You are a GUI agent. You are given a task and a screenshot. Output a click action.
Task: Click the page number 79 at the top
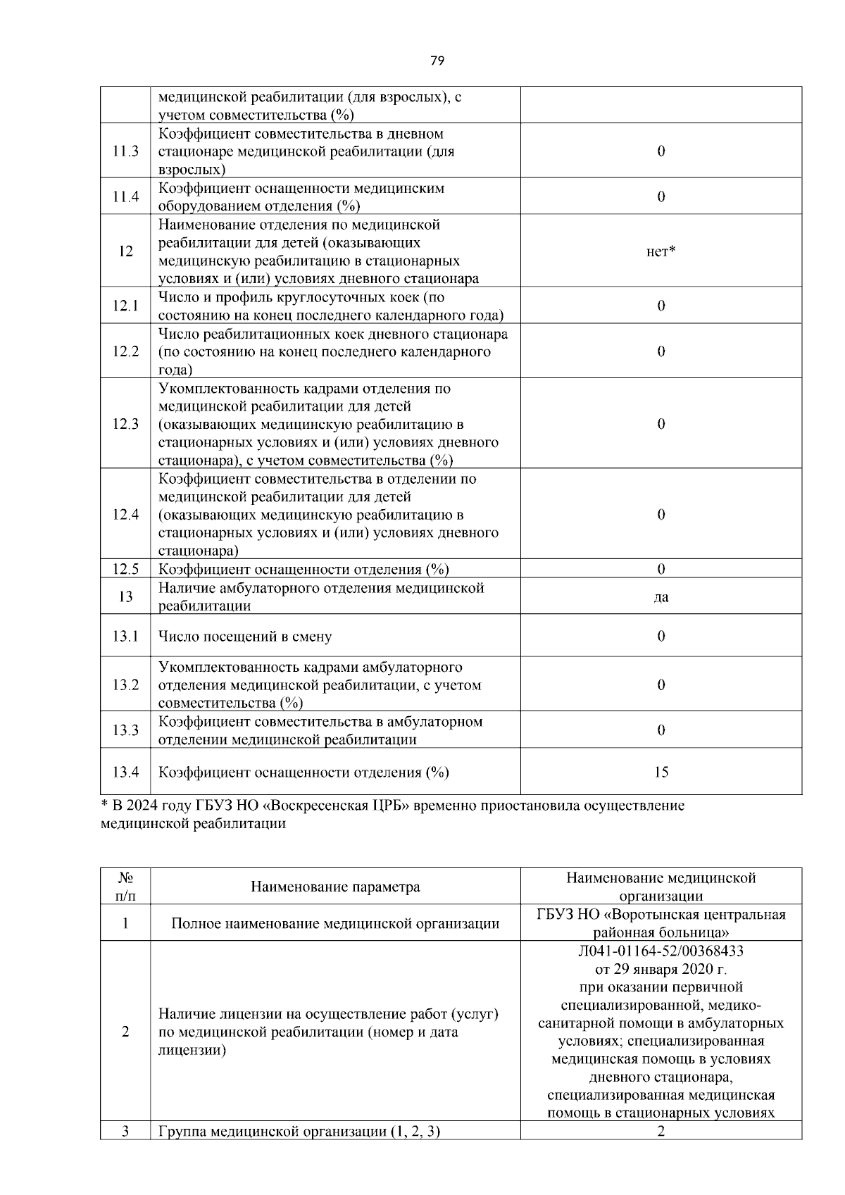point(437,61)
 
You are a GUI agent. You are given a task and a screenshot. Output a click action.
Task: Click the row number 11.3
point(125,151)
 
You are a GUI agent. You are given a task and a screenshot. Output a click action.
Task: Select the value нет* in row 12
point(661,251)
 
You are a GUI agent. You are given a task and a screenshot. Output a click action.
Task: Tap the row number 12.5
point(125,569)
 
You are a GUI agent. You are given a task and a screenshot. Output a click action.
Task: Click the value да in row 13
point(661,597)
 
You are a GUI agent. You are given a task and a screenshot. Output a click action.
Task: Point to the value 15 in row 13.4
point(661,772)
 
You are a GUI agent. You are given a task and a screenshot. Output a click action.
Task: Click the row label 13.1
point(125,636)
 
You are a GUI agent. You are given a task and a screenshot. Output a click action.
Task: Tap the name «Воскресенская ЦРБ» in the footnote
point(340,806)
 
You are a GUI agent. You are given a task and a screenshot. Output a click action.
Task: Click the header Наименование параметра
point(335,887)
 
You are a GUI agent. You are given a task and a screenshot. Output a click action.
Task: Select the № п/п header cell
point(125,887)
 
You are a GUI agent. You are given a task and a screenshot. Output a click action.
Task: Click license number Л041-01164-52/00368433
point(661,951)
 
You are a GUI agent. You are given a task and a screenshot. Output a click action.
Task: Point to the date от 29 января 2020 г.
point(661,969)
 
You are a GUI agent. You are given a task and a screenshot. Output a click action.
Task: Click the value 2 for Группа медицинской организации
point(661,1131)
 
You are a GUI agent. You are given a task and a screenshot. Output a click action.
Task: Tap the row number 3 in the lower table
point(125,1132)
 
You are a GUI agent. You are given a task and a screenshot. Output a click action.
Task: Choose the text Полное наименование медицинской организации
point(335,923)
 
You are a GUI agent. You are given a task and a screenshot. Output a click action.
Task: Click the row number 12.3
point(125,424)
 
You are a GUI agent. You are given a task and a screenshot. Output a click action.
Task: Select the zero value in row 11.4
point(661,196)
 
